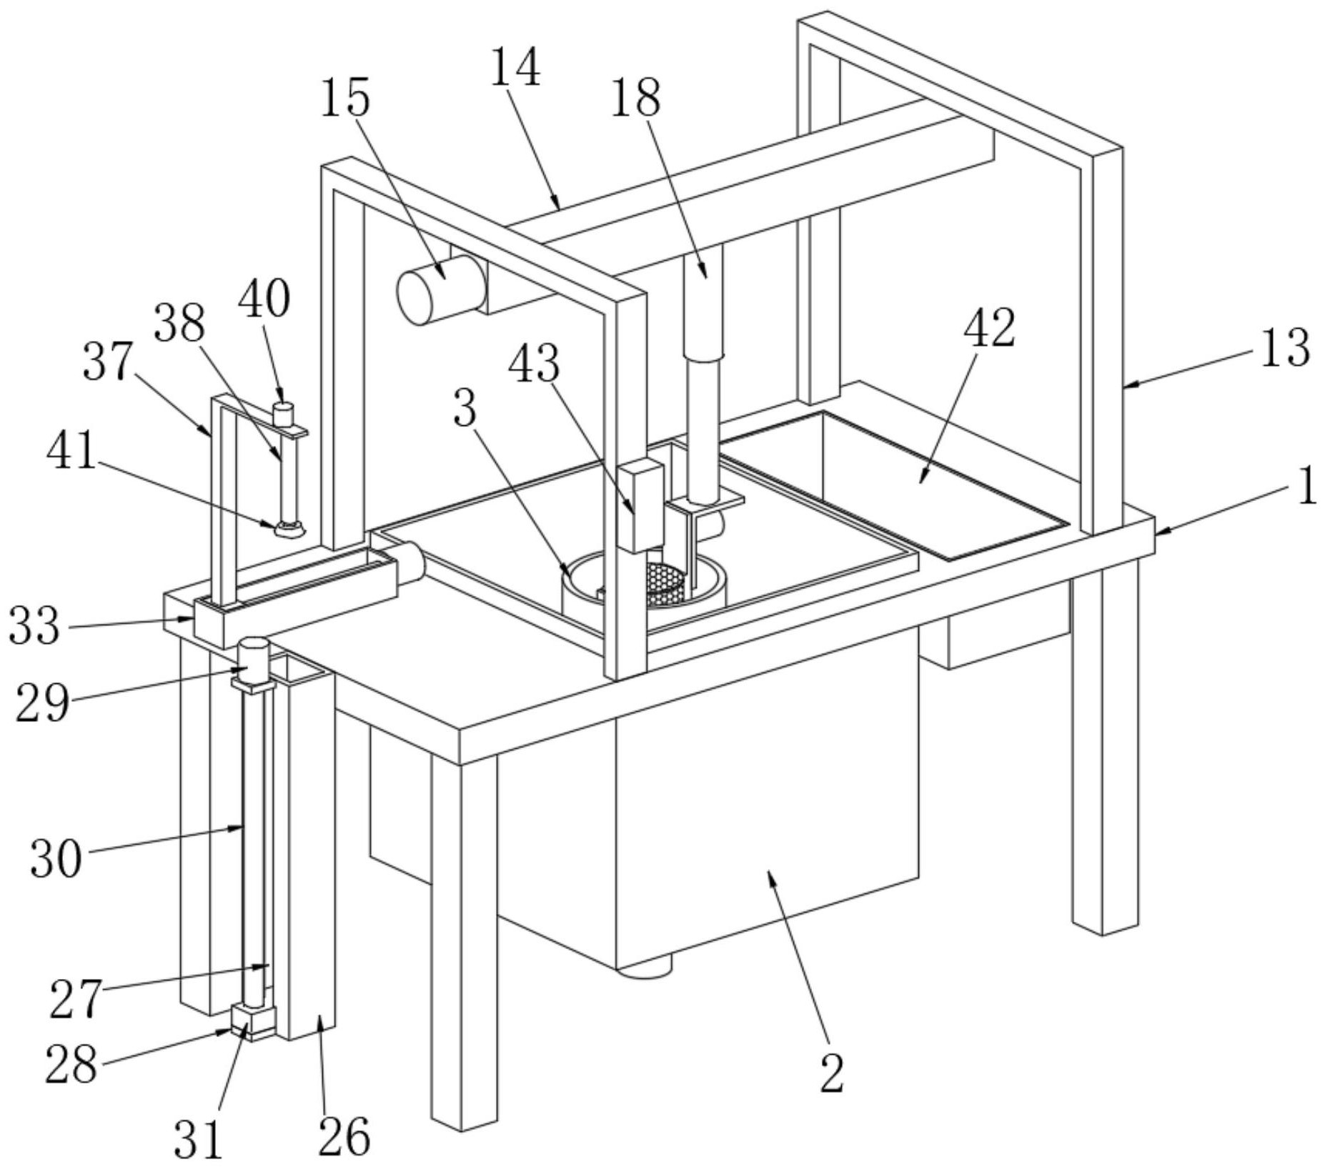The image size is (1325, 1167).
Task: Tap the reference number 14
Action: point(515,67)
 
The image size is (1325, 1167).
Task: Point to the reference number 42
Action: point(989,329)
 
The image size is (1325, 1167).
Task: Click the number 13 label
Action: point(1284,348)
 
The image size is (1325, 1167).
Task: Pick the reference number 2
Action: point(832,1073)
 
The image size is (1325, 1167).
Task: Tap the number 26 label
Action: point(344,1136)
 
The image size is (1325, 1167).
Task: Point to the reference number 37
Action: point(108,361)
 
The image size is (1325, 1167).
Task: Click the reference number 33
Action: point(34,625)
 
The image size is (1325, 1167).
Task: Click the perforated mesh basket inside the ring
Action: point(666,584)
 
